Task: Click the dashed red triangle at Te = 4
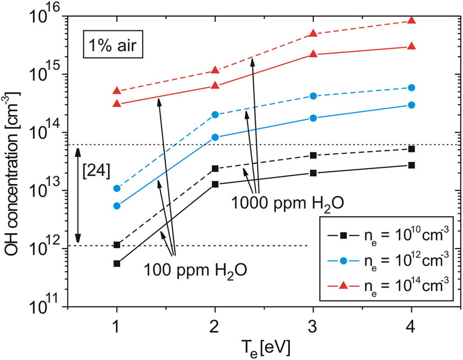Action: coord(411,20)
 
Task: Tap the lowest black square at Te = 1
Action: coord(117,264)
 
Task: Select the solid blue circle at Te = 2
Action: coord(215,137)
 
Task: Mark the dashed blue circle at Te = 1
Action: coord(117,189)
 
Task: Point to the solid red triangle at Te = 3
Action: coord(313,54)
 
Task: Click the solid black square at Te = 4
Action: coord(411,165)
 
